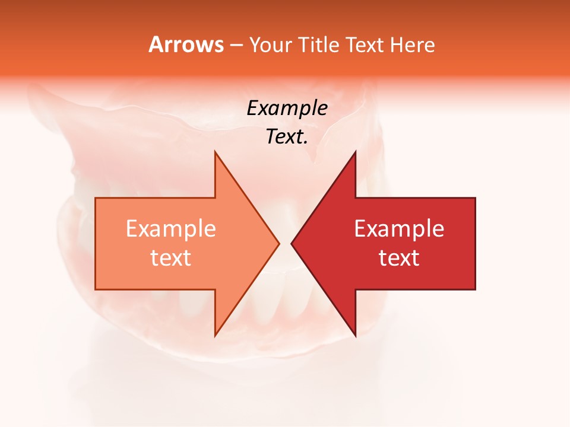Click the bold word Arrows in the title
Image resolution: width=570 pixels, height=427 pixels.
click(x=186, y=44)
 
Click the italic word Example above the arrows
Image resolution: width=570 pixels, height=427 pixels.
click(x=287, y=109)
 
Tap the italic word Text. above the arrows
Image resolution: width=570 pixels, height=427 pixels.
click(x=287, y=137)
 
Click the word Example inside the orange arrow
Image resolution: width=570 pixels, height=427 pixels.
click(x=170, y=229)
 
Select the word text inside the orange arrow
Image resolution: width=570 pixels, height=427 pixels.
click(x=170, y=258)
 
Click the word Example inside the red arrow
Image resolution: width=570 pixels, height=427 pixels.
click(x=399, y=229)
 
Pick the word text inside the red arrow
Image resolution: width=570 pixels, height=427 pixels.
click(x=399, y=258)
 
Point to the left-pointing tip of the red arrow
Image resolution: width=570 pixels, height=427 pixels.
click(x=292, y=243)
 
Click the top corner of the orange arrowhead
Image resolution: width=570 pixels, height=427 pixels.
click(x=215, y=152)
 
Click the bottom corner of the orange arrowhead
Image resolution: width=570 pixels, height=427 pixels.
click(x=215, y=335)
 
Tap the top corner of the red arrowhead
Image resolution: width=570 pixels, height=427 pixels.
click(x=355, y=152)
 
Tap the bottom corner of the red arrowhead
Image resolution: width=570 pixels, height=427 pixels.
click(x=355, y=335)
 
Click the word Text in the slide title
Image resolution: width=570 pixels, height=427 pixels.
click(x=365, y=45)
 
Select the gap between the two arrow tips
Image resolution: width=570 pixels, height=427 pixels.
click(x=285, y=243)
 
